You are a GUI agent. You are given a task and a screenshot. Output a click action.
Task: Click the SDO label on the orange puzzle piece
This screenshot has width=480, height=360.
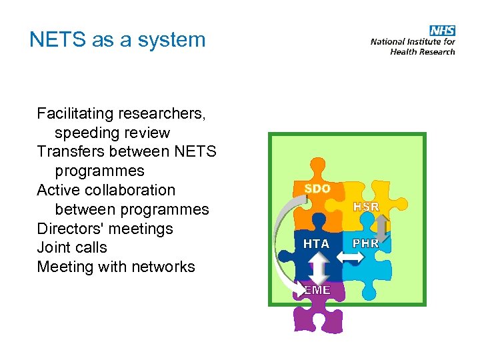317,189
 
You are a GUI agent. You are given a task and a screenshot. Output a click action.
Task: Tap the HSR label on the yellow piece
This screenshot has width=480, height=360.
366,207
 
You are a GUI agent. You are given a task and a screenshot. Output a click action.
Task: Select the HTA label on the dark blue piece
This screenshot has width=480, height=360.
316,244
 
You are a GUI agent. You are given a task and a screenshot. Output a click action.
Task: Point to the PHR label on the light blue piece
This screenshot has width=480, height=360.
366,244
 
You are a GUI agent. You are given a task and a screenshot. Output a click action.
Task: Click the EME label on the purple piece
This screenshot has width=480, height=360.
316,290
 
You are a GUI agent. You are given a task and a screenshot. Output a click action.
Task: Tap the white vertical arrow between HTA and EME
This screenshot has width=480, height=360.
317,269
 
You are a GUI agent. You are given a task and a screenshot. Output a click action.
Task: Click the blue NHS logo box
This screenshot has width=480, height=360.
442,31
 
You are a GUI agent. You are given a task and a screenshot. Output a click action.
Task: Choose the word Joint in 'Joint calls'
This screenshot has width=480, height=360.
53,247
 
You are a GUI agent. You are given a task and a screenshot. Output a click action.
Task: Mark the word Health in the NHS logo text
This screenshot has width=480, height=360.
403,52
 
